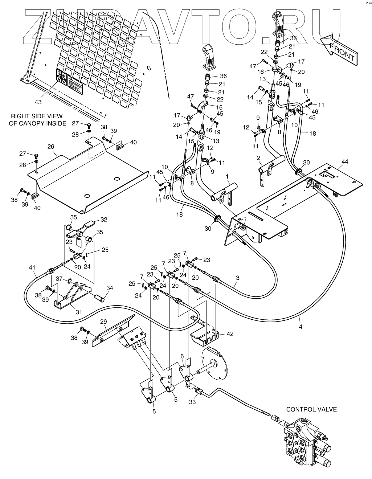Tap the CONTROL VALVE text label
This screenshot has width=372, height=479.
pyautogui.click(x=311, y=409)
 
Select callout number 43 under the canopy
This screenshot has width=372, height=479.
pyautogui.click(x=38, y=103)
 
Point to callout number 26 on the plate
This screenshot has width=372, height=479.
pyautogui.click(x=50, y=147)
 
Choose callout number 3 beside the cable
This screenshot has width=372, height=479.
pyautogui.click(x=238, y=278)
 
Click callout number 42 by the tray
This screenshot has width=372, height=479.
pyautogui.click(x=230, y=333)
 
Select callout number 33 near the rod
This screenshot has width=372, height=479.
pyautogui.click(x=192, y=402)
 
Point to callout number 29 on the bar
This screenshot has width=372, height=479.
pyautogui.click(x=103, y=322)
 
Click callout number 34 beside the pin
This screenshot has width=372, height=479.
pyautogui.click(x=110, y=288)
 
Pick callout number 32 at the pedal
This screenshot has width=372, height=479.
pyautogui.click(x=104, y=220)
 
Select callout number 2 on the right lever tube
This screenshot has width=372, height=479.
pyautogui.click(x=258, y=158)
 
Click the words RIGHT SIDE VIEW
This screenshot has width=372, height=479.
pyautogui.click(x=37, y=116)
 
